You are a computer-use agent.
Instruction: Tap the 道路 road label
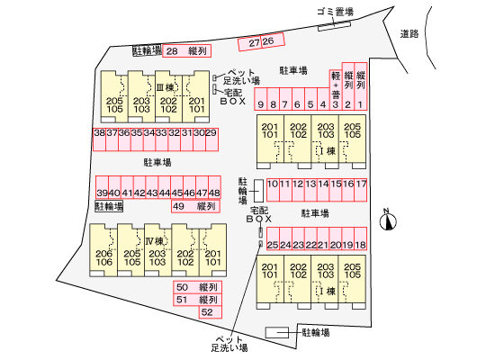click(x=409, y=34)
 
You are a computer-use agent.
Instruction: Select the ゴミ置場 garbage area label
click(x=335, y=12)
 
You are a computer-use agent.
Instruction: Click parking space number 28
click(x=186, y=51)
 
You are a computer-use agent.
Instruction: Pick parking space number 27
click(x=249, y=43)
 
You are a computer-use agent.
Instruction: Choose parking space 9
click(x=261, y=99)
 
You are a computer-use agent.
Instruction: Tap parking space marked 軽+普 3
click(x=336, y=90)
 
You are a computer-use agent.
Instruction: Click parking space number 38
click(x=99, y=139)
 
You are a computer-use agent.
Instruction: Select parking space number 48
click(x=214, y=187)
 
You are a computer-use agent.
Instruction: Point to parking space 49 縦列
click(x=195, y=206)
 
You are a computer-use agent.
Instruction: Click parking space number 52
click(x=211, y=312)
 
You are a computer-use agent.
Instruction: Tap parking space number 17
click(x=361, y=190)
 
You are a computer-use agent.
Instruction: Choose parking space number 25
click(x=273, y=238)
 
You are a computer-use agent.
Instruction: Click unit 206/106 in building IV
click(x=103, y=250)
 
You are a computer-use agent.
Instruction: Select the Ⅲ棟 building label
click(x=166, y=87)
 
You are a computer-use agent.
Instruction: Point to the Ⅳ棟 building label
click(x=155, y=241)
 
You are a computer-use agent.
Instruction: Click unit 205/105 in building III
click(x=114, y=96)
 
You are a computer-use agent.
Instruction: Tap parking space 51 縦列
click(x=197, y=300)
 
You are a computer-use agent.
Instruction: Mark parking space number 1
click(x=361, y=86)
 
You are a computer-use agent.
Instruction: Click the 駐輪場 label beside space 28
click(x=147, y=50)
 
